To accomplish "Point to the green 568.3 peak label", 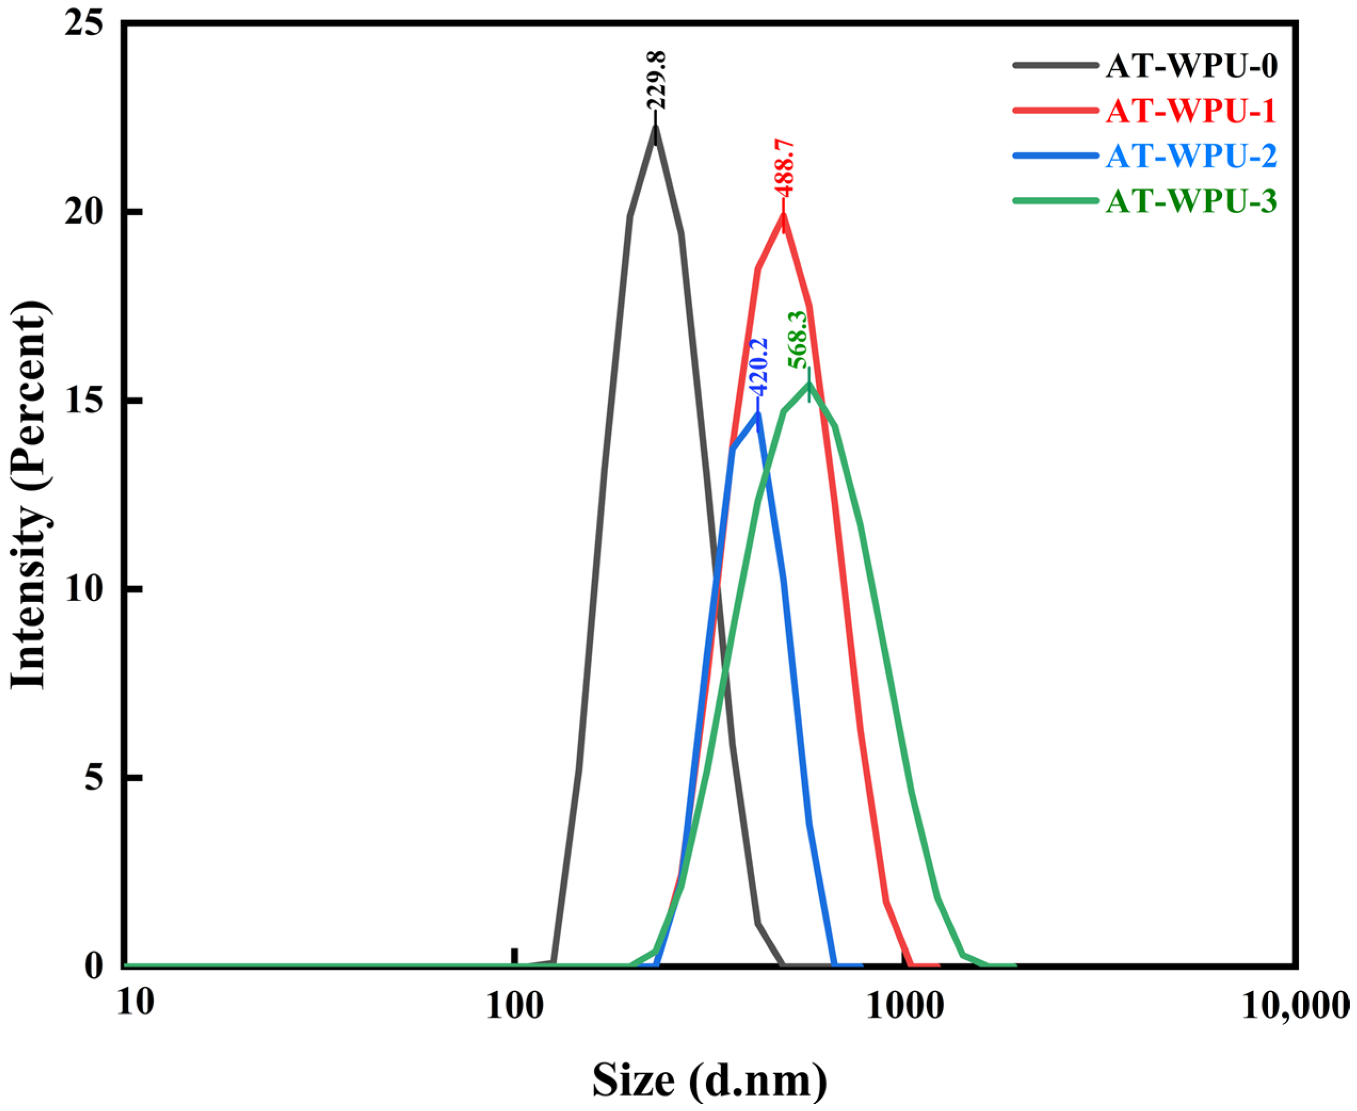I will (798, 339).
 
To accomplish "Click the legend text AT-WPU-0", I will (1191, 67).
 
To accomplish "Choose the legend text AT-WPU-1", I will (1191, 111).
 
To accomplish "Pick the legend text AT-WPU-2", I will (1191, 156).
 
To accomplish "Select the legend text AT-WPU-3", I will (1191, 201).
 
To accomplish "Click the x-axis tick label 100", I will (515, 1007).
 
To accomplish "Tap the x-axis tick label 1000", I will (904, 1007).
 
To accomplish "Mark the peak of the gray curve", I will (655, 126).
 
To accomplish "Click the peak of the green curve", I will (809, 385).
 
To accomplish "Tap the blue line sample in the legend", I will (1052, 156).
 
